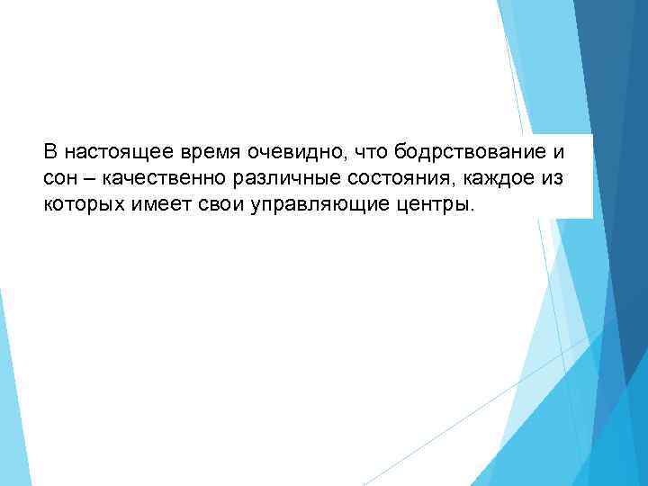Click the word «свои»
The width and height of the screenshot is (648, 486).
click(x=209, y=204)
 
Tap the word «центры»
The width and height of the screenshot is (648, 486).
click(x=422, y=204)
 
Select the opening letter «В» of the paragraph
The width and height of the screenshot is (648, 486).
click(x=50, y=149)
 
